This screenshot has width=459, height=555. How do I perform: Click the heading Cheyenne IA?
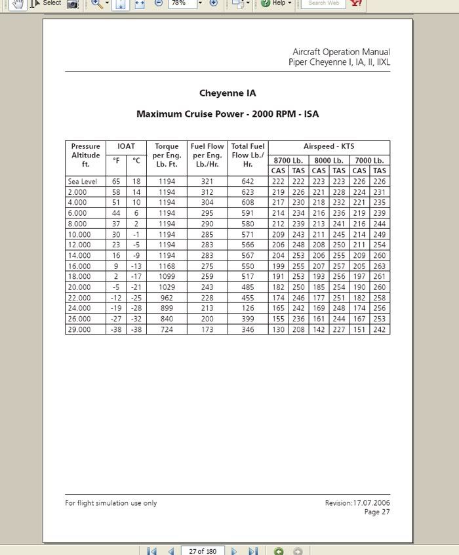pos(228,93)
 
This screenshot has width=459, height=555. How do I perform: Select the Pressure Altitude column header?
pos(85,155)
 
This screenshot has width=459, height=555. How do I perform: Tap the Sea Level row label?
pos(82,182)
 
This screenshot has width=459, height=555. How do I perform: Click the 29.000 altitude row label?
pos(79,329)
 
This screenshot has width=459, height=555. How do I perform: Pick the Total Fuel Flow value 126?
pos(248,308)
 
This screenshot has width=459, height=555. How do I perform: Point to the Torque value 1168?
pos(167,266)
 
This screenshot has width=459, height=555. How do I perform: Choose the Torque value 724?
pos(167,329)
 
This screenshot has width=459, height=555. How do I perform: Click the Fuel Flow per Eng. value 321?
pos(207,182)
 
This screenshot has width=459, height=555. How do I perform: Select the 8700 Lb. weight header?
pos(289,160)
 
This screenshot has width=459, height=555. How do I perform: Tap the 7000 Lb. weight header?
pos(369,160)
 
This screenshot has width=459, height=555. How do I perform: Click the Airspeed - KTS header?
pos(329,146)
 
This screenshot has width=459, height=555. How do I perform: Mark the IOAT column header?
pos(126,146)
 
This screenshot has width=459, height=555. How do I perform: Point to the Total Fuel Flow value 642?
pos(248,182)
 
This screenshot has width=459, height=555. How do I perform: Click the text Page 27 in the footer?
pos(377,512)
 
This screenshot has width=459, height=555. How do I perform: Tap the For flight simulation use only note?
pos(111,503)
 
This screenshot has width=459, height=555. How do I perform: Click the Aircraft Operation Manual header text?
pos(341,52)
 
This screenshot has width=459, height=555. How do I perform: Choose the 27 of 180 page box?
pos(202,551)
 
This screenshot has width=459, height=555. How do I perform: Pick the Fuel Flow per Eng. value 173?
pos(207,329)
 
